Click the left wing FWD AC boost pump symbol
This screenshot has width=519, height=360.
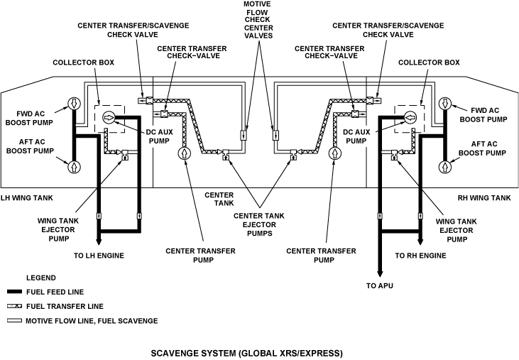tap(74, 104)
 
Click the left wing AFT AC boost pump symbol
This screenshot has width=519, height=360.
tap(74, 167)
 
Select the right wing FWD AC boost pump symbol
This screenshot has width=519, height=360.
tap(444, 104)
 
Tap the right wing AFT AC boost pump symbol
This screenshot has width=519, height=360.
tap(444, 167)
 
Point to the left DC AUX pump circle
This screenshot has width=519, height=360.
tap(109, 117)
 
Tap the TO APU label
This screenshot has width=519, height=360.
tap(380, 285)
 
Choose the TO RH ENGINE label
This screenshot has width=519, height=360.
tap(421, 254)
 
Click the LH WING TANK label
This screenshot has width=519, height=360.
tap(26, 197)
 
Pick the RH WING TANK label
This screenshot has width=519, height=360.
tap(485, 197)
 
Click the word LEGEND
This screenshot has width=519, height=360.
tap(40, 277)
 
